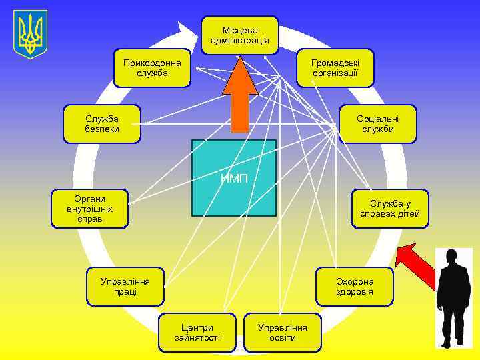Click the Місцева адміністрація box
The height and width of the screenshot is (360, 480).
(239, 35)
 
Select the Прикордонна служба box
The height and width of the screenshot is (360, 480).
(152, 67)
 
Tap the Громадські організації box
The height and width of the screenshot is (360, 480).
(335, 67)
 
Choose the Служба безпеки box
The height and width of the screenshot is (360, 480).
(102, 123)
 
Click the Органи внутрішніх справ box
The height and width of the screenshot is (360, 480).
(90, 209)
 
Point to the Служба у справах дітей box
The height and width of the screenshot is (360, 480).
(390, 209)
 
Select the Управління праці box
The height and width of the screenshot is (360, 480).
(126, 286)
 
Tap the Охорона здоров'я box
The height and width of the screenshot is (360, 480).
(355, 286)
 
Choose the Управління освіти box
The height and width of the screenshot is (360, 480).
(283, 332)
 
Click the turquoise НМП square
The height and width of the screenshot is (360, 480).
(233, 177)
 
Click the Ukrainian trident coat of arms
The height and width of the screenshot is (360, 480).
(30, 33)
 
